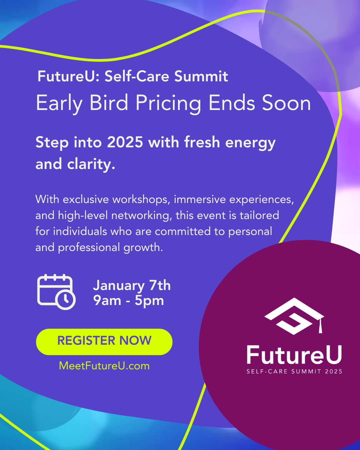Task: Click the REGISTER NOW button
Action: pos(104,342)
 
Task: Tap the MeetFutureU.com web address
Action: pos(104,366)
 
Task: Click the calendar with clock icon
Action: pos(56,292)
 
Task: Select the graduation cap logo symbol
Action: pos(294,316)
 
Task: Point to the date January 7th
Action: pos(132,285)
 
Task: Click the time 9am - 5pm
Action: pos(128,300)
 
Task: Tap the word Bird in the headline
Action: pos(109,103)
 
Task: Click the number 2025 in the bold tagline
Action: pos(125,142)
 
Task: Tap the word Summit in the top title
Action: pos(201,76)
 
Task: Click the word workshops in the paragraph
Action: pos(140,199)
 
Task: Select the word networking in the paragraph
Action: pos(140,216)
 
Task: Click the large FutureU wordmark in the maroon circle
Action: pos(294,355)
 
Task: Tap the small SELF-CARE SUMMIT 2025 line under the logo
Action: pos(294,371)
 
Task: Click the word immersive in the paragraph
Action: pos(200,199)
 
